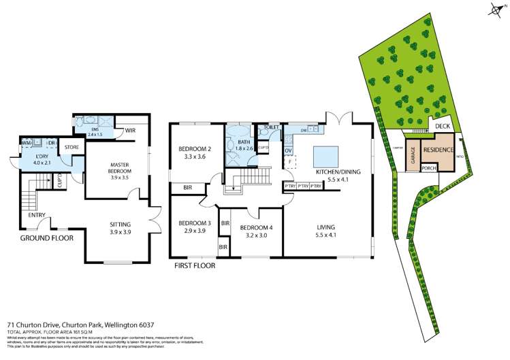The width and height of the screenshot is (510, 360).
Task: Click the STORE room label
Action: click(x=71, y=147)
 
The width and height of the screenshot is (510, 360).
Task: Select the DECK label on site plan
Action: click(x=443, y=126)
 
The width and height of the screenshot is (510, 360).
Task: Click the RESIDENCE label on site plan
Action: click(x=439, y=149)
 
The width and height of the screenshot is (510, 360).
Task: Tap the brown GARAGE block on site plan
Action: click(x=413, y=157)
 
